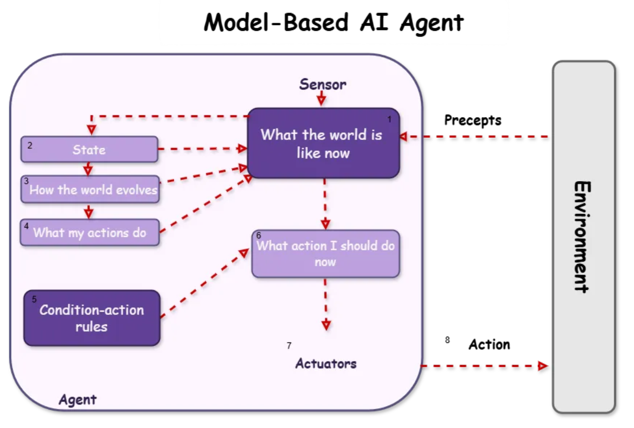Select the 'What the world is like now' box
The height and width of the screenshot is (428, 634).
(323, 143)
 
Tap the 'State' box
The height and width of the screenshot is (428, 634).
(89, 149)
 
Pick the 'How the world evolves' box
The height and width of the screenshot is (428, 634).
(90, 189)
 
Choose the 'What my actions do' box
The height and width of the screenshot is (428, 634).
(90, 232)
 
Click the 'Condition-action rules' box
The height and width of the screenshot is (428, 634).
(92, 318)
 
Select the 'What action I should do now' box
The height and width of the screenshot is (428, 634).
(325, 254)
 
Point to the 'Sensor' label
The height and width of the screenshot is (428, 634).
(323, 85)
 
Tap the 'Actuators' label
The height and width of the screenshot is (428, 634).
(326, 363)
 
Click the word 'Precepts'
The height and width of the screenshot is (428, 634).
(473, 121)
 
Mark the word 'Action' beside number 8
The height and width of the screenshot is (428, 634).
(489, 344)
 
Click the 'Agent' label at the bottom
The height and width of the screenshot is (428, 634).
(77, 400)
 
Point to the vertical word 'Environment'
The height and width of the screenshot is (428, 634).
(582, 237)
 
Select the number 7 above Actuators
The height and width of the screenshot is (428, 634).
(289, 346)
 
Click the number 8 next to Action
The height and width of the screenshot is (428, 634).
(448, 340)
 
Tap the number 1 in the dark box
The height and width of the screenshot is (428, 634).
(390, 120)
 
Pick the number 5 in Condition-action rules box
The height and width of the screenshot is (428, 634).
(34, 299)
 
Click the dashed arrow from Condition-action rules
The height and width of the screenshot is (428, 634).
(205, 283)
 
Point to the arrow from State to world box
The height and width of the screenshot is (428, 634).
(203, 149)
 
